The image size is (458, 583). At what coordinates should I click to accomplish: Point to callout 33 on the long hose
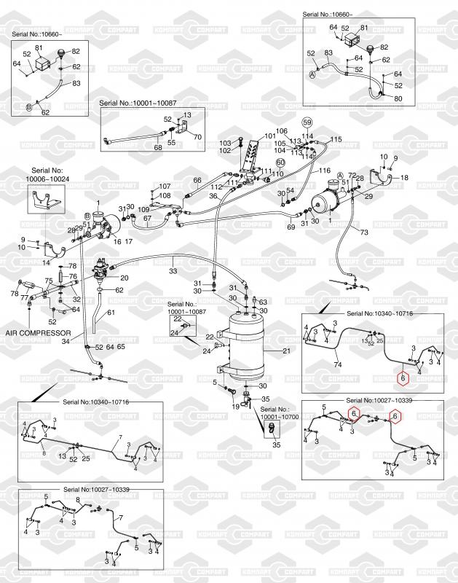coord(173,271)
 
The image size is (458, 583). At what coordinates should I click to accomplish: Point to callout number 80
coord(398,98)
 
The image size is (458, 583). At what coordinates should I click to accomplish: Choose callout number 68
coord(157,148)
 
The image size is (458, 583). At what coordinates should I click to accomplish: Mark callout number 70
coord(197,136)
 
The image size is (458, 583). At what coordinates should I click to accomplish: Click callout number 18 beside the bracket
coord(405,177)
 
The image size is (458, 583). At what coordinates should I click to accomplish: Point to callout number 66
coord(197,181)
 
